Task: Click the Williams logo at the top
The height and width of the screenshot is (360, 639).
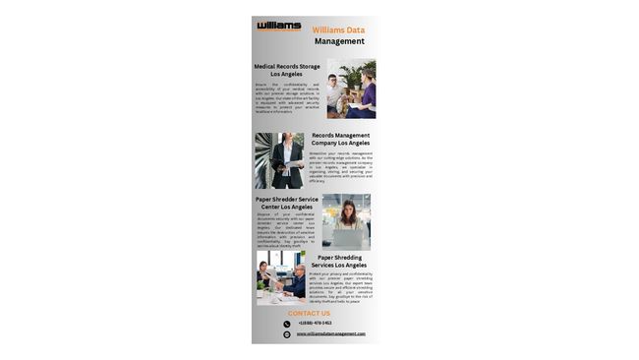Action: tap(279, 26)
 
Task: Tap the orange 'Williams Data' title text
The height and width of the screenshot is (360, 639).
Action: tap(338, 30)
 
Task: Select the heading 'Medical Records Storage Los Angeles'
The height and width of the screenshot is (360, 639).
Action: tap(287, 70)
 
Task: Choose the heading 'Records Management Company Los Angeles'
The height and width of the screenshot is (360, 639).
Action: tap(340, 139)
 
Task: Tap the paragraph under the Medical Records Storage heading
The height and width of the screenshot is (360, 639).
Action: tap(287, 98)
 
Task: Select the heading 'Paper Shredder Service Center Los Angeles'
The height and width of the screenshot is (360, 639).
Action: tap(286, 203)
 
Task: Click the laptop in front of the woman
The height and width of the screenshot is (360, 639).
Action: tap(346, 237)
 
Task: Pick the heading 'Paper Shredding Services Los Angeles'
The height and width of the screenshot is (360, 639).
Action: tap(339, 261)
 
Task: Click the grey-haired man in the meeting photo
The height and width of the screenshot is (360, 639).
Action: tap(297, 277)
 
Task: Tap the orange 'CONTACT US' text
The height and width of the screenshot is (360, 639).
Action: tap(309, 314)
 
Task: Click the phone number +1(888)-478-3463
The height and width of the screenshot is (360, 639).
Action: tap(316, 323)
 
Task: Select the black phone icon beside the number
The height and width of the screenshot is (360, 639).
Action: tap(287, 324)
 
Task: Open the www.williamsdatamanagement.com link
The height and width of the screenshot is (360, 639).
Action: tap(330, 333)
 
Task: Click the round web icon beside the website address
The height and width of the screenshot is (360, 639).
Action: tap(287, 334)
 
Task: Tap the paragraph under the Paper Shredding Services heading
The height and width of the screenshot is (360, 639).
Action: tap(340, 287)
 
